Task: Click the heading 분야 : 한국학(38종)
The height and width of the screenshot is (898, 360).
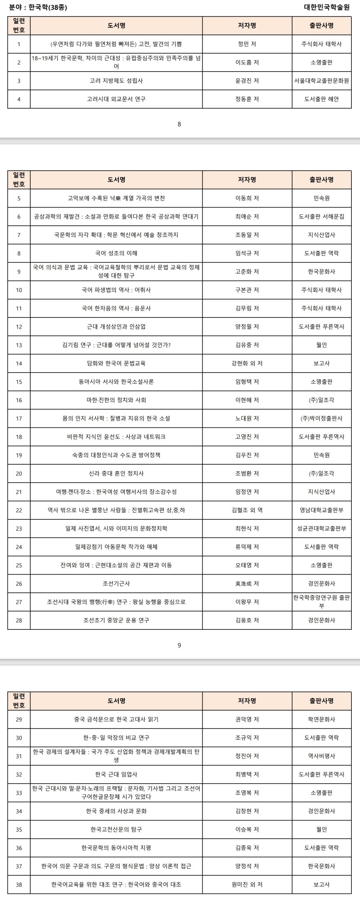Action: (38, 7)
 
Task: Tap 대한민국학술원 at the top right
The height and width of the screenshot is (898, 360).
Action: (326, 7)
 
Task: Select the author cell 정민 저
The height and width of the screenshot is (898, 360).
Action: (247, 44)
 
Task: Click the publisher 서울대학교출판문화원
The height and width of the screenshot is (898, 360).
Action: (321, 80)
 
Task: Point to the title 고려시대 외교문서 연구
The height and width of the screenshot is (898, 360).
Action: (116, 99)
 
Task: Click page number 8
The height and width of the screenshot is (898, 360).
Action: (179, 124)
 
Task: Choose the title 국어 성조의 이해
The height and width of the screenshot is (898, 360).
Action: (116, 253)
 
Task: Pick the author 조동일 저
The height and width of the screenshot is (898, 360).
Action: (247, 235)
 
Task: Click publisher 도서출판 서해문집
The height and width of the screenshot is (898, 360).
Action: (321, 216)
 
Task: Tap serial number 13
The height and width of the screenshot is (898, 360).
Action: (19, 345)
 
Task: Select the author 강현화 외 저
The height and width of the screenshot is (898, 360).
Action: (247, 363)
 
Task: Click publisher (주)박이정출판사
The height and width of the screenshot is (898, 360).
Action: (321, 418)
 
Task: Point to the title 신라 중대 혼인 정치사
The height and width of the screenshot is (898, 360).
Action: (116, 473)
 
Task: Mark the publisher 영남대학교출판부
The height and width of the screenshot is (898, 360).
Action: (321, 510)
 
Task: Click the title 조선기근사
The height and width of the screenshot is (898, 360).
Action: (116, 584)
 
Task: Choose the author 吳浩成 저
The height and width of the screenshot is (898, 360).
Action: (247, 584)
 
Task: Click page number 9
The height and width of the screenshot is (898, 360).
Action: (179, 645)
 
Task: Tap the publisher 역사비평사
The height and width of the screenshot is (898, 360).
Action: (321, 756)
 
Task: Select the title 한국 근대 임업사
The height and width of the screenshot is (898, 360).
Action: (116, 774)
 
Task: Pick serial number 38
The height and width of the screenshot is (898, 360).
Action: (19, 885)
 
